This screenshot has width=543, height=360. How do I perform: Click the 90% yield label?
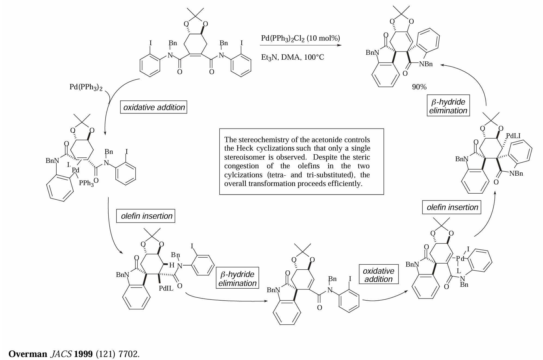click(x=419, y=87)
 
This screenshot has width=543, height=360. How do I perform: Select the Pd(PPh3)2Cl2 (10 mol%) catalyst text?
click(x=300, y=38)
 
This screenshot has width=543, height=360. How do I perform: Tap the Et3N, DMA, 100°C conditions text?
click(x=293, y=57)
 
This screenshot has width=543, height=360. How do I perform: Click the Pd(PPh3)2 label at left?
click(x=86, y=87)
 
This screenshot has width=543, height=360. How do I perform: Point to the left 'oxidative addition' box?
click(x=154, y=107)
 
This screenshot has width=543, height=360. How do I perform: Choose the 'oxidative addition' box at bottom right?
click(x=379, y=274)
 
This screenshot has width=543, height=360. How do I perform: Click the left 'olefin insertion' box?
click(x=146, y=216)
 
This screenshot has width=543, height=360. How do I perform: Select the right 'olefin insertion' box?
click(x=452, y=207)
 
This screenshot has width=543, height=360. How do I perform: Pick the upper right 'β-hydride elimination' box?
click(x=448, y=106)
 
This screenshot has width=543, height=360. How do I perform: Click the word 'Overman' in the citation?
click(x=28, y=354)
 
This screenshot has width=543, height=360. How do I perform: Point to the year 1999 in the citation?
click(x=83, y=354)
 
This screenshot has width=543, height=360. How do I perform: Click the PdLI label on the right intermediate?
click(x=513, y=136)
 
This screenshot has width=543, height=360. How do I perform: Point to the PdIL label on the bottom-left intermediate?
click(x=166, y=288)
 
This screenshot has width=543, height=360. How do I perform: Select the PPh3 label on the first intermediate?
click(x=86, y=183)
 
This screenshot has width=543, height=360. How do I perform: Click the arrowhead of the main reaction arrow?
click(x=339, y=45)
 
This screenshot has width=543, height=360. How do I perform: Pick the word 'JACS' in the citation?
click(x=61, y=354)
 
